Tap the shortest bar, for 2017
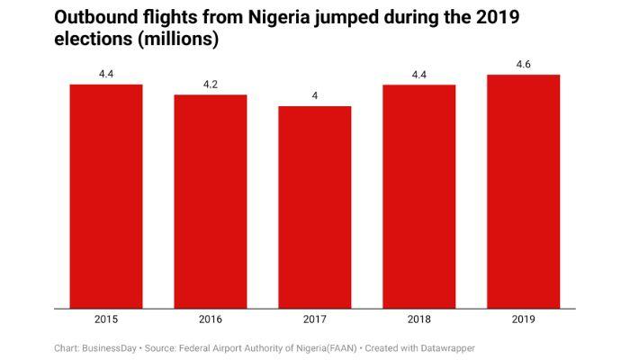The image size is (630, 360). tap(314, 206)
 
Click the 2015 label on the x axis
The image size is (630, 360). tap(106, 319)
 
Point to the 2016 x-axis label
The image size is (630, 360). tap(211, 319)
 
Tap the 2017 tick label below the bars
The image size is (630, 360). tap(314, 319)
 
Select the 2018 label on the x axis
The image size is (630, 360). tap(418, 319)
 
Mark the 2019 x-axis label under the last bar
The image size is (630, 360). tap(523, 319)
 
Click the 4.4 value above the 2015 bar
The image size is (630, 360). tap(106, 74)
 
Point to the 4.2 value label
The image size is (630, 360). tap(211, 85)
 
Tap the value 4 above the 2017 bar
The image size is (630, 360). tap(314, 95)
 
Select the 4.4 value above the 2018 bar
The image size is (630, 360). tap(418, 74)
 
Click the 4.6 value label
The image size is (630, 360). tap(523, 64)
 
